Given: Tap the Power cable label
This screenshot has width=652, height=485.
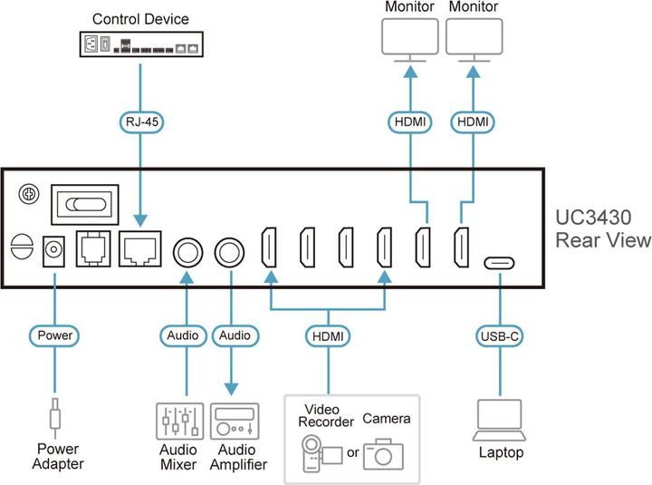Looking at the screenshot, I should point(55,335).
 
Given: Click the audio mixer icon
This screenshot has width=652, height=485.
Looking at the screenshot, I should point(177,422).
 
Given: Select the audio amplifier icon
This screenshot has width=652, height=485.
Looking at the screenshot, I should point(235,422).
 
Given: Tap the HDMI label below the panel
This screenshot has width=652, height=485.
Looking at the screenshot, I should point(328,335).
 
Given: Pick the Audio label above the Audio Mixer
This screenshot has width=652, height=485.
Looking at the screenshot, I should point(184,335).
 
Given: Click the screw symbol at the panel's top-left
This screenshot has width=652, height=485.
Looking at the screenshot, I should point(28,194).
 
